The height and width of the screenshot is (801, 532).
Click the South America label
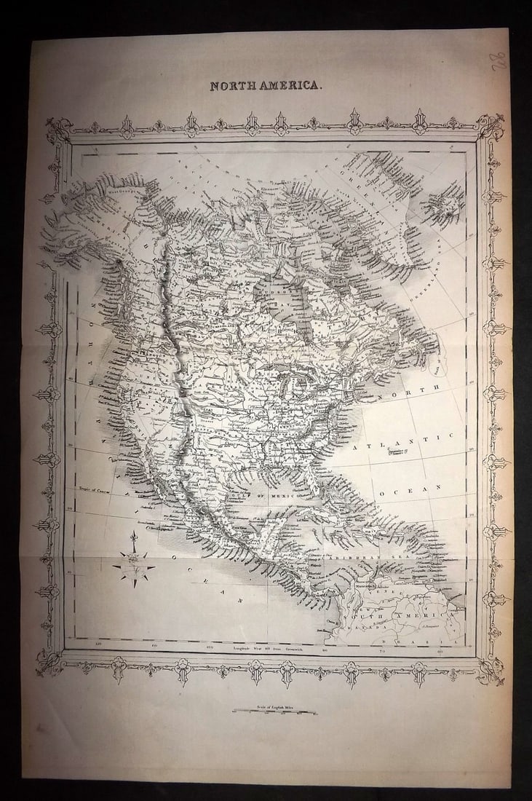[397, 617]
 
